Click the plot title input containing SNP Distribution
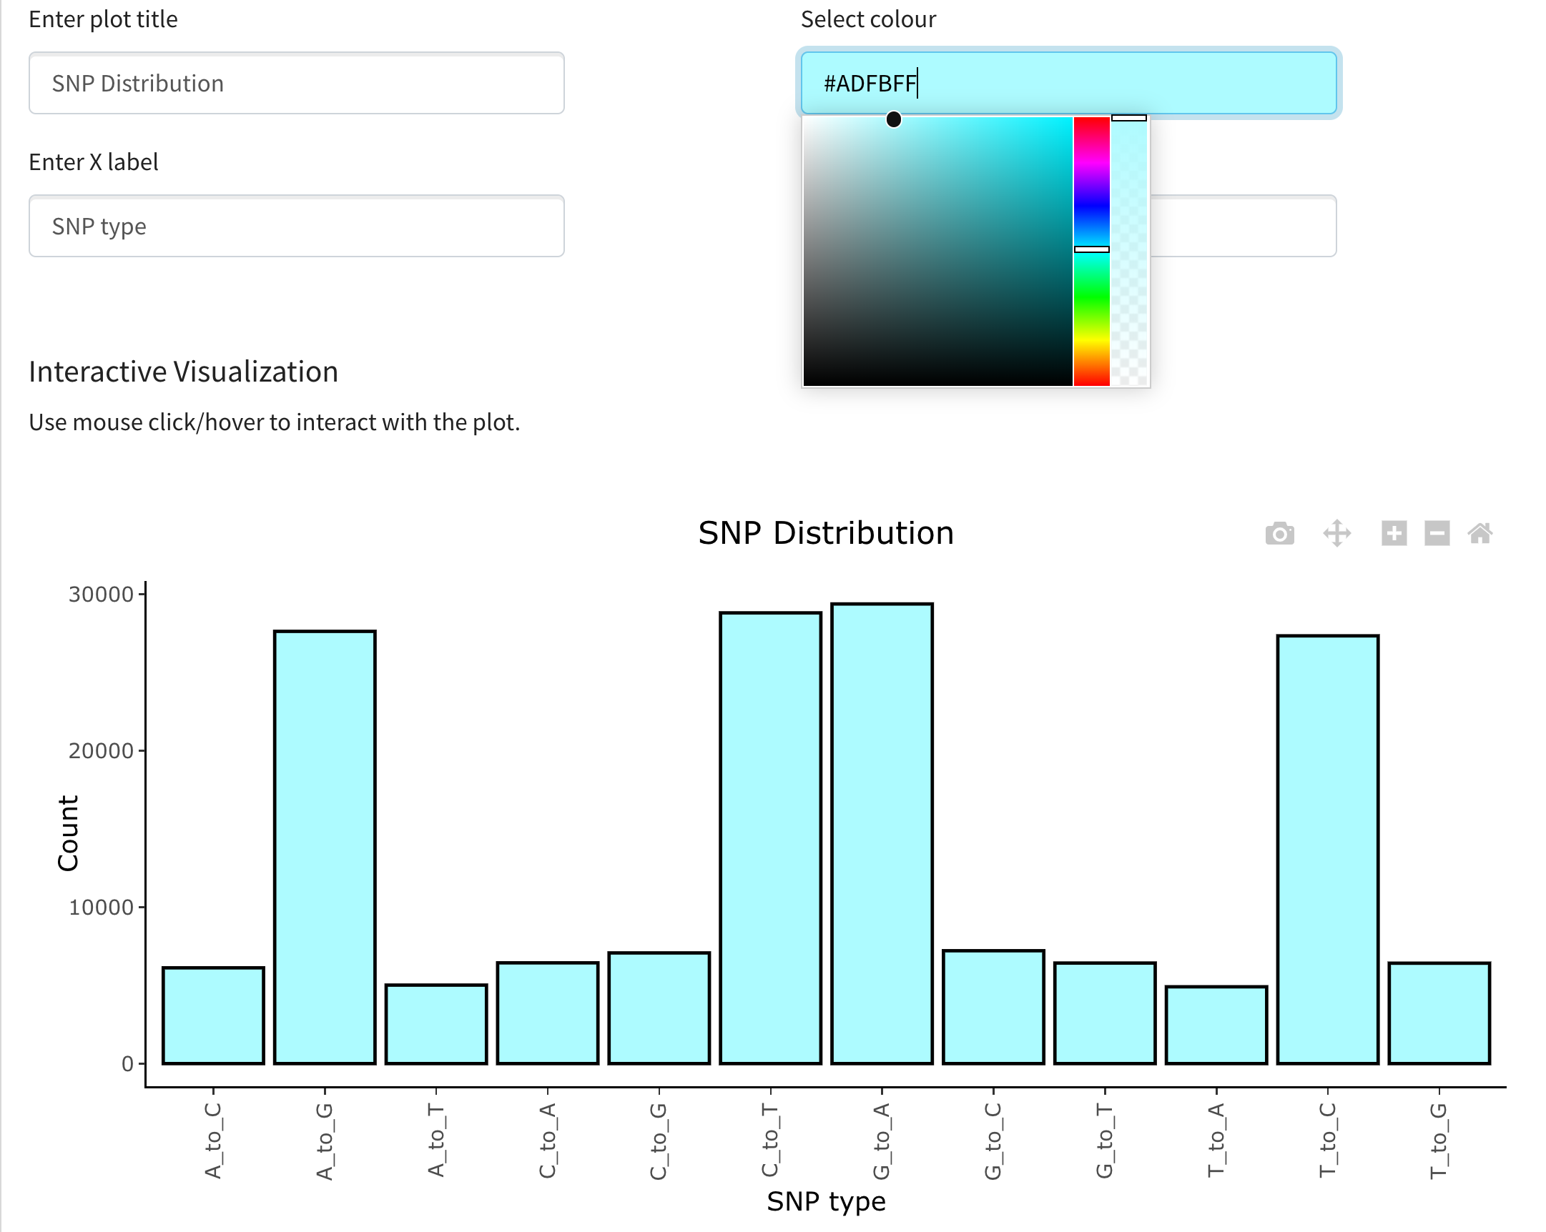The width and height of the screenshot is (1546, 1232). (296, 83)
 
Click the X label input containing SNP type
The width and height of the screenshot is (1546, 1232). (296, 226)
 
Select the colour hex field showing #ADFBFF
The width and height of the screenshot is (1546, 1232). (1068, 83)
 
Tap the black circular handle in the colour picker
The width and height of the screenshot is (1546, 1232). (892, 119)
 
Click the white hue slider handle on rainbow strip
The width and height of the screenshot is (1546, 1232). (1090, 249)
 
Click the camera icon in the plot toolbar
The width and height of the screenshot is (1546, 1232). (1279, 533)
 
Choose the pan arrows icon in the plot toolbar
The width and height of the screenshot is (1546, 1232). (1336, 533)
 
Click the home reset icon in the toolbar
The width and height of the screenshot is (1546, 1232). (1479, 533)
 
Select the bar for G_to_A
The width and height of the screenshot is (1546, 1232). (881, 833)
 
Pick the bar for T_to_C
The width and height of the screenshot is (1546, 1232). (1327, 848)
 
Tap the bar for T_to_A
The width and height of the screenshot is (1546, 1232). (1216, 1024)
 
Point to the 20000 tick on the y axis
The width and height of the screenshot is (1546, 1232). (101, 750)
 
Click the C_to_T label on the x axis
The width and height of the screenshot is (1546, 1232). (769, 1140)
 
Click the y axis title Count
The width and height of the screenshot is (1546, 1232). (68, 833)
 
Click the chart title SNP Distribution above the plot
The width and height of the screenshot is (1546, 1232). (825, 533)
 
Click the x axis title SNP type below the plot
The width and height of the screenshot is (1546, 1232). (825, 1201)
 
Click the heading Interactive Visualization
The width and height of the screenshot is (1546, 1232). (184, 372)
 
